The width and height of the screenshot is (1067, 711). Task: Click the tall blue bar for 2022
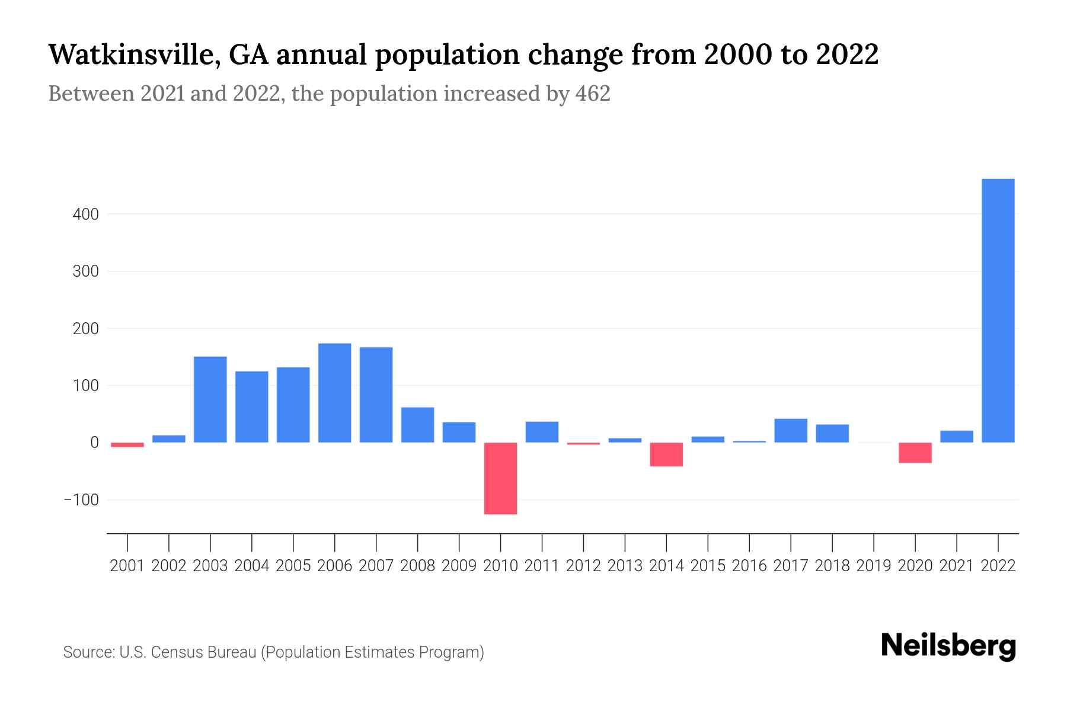point(998,310)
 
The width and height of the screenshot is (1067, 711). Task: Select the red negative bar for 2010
point(500,478)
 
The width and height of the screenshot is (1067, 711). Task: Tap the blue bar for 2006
point(334,393)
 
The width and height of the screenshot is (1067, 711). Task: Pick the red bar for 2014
point(666,454)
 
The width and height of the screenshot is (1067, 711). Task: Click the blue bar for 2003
point(210,399)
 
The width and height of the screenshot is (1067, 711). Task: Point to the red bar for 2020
point(915,453)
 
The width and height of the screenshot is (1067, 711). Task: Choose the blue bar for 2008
point(417,425)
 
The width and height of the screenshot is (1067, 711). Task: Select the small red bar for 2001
point(127,444)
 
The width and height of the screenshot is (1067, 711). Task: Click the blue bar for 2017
point(790,431)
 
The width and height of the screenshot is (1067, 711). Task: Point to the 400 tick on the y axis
point(85,214)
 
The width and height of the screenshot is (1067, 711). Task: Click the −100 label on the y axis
point(81,500)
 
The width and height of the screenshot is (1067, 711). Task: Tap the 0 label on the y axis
point(94,443)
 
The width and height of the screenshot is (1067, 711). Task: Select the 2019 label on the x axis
point(873,566)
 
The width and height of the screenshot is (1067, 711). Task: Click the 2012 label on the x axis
point(583,566)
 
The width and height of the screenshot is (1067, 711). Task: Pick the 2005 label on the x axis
point(293,566)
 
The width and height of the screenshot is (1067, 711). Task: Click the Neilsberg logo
point(948,646)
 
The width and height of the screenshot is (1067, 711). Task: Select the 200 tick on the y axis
point(85,329)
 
